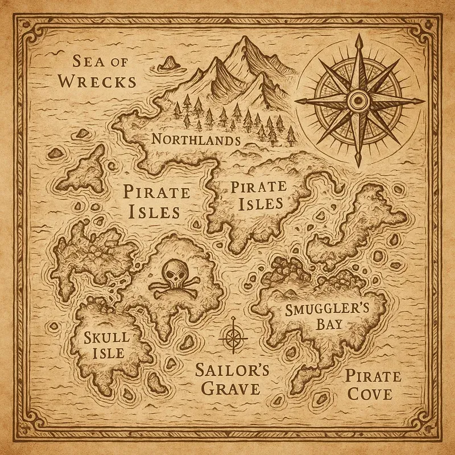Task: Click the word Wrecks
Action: pyautogui.click(x=98, y=81)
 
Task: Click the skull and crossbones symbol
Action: pyautogui.click(x=175, y=281)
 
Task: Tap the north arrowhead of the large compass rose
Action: pyautogui.click(x=358, y=40)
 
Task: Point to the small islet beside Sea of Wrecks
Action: pyautogui.click(x=168, y=63)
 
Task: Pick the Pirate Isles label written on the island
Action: pyautogui.click(x=257, y=195)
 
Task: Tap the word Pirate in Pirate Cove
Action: pyautogui.click(x=373, y=376)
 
